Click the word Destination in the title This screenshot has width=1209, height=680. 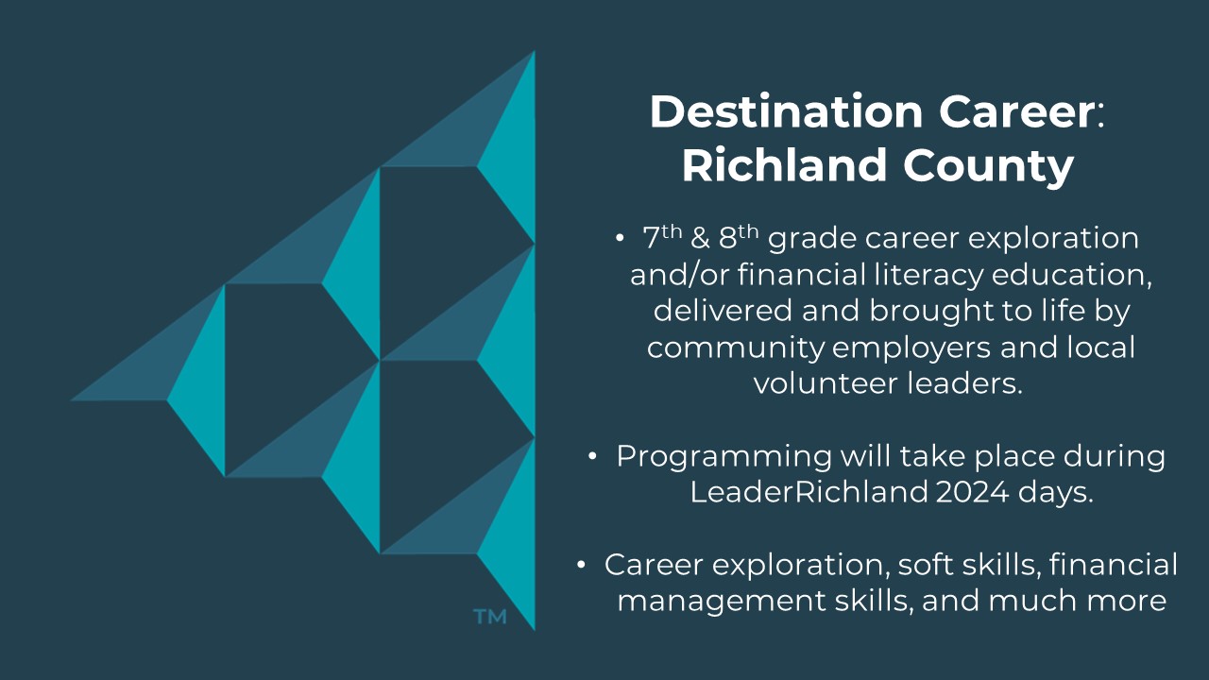[787, 111]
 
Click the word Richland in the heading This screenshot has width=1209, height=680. [784, 164]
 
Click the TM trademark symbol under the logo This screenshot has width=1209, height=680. [490, 617]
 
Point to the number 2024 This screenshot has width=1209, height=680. [972, 492]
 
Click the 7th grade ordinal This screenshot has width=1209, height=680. [662, 237]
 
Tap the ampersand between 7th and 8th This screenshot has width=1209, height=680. [700, 239]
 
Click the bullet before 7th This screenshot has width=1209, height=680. [620, 238]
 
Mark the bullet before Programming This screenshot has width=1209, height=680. [592, 456]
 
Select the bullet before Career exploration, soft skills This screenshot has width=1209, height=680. [581, 565]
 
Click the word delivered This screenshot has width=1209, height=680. [724, 311]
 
